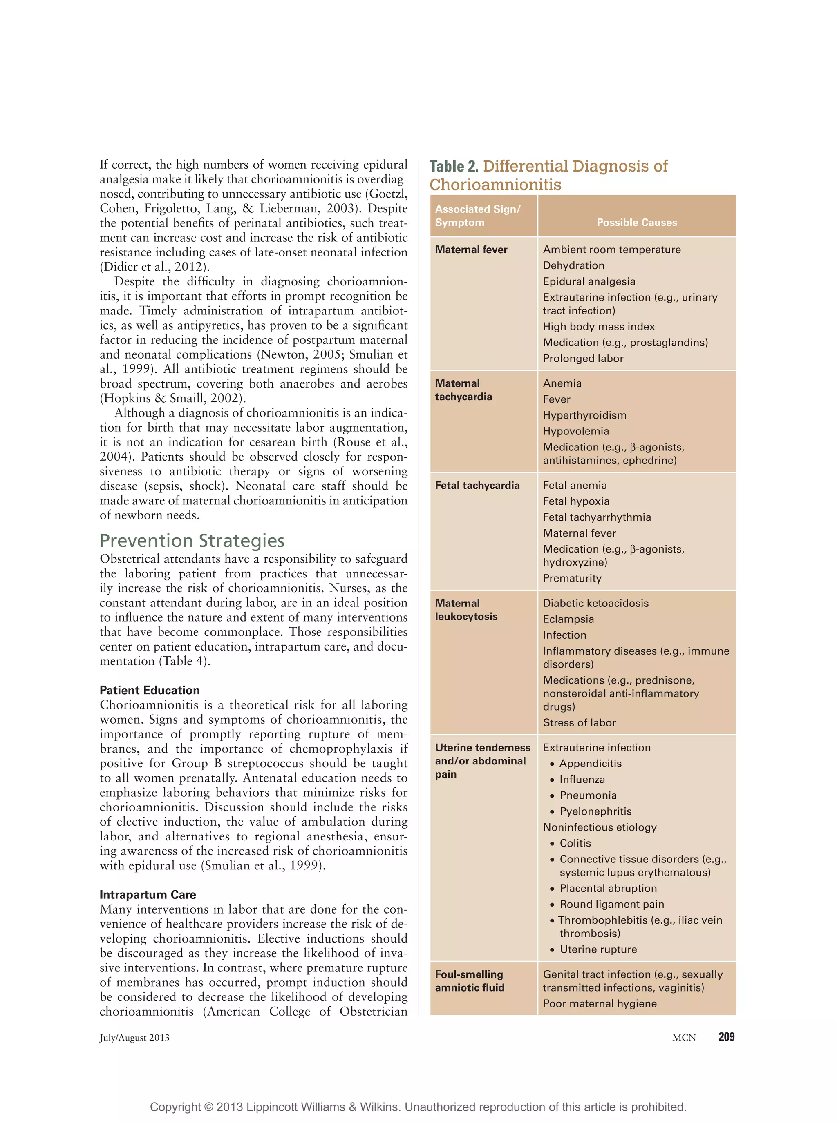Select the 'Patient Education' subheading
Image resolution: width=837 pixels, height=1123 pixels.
(150, 690)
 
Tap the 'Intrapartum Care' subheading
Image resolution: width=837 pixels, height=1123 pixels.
(148, 895)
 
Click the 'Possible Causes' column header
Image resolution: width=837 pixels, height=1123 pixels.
(636, 222)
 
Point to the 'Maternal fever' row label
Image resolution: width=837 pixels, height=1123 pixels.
(471, 250)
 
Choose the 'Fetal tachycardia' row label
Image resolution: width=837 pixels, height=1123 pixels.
(477, 486)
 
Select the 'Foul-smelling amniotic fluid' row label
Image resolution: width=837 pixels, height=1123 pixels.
(469, 981)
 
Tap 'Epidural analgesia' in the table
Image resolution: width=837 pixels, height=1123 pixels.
(589, 281)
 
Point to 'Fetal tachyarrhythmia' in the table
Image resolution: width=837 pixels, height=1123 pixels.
(596, 517)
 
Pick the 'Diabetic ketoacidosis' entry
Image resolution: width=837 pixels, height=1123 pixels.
(595, 603)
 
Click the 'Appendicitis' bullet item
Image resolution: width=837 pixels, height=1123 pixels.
(590, 764)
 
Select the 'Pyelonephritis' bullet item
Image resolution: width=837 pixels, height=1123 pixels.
(595, 811)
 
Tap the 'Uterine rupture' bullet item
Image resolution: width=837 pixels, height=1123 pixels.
(598, 949)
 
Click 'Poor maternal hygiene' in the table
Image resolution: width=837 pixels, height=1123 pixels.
(600, 1003)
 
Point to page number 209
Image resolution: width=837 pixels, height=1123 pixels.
(726, 1036)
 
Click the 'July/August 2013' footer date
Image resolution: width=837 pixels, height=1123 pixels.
(134, 1037)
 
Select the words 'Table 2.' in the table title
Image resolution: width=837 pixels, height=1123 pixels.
(454, 167)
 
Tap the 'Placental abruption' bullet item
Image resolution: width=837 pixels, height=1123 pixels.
(608, 888)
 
